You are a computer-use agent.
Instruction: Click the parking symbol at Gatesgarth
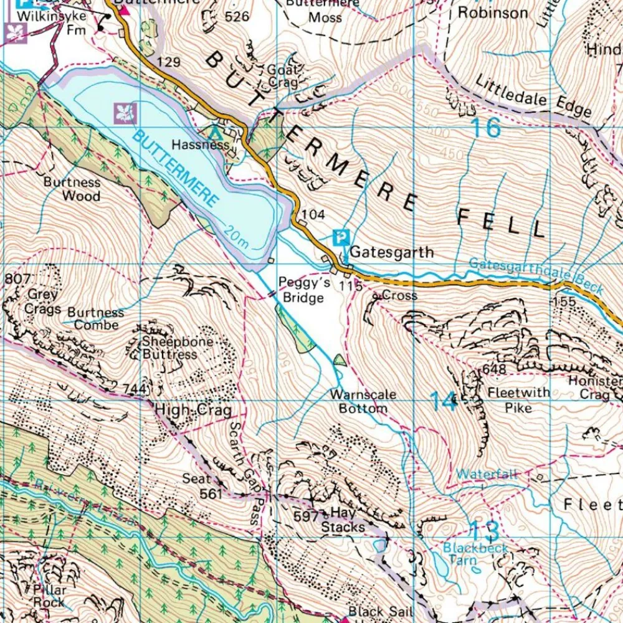tap(341, 237)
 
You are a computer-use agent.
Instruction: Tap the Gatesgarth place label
tap(391, 252)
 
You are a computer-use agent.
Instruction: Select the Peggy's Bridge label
tap(301, 290)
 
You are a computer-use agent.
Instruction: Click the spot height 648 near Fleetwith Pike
tap(494, 370)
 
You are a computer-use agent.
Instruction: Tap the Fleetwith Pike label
tap(519, 399)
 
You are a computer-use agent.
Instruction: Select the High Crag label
tap(193, 411)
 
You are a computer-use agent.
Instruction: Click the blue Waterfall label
tap(487, 474)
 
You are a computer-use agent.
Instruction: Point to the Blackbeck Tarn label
tap(475, 554)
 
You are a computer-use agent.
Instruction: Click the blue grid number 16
tap(485, 128)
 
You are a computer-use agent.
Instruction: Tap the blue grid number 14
tap(444, 401)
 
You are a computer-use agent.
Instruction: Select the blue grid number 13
tap(483, 531)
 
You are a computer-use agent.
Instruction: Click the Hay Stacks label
tap(343, 520)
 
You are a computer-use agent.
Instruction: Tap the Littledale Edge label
tap(533, 96)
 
